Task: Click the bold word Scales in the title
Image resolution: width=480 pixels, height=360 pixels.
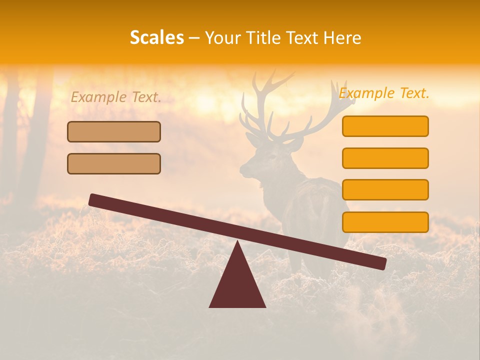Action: point(156,37)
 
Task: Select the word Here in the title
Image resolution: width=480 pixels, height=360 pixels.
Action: point(342,37)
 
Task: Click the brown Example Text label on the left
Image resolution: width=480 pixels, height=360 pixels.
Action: point(116,97)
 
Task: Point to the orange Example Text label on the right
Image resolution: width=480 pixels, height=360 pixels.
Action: point(384,93)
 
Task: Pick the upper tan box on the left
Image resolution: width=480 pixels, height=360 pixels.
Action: point(114,131)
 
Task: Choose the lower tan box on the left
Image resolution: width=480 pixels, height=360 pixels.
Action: point(114,163)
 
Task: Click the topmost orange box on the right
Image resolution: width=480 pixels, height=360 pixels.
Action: point(385,126)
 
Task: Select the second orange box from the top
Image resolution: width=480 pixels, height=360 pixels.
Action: point(385,158)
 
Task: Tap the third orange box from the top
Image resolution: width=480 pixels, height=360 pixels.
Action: point(385,189)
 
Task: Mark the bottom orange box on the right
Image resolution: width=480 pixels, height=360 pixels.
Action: point(385,222)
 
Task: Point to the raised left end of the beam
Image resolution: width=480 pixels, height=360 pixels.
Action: point(95,200)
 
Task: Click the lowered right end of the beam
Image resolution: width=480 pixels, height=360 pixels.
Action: point(380,263)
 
